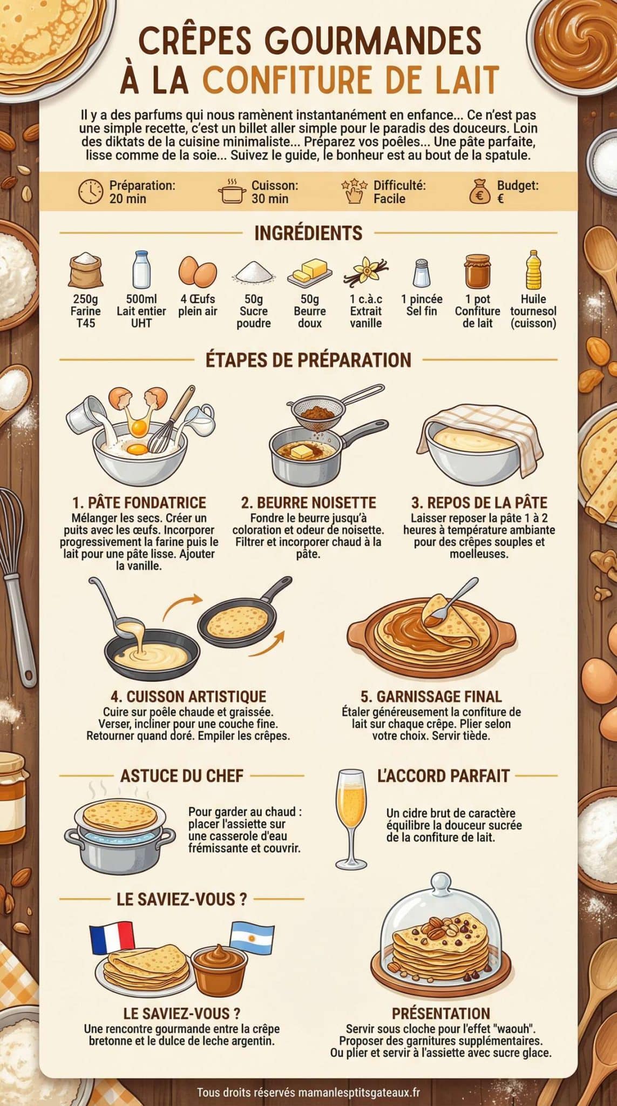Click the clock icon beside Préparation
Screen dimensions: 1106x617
tap(91, 192)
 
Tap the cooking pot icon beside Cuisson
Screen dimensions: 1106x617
tap(232, 192)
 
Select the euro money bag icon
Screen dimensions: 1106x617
tap(479, 192)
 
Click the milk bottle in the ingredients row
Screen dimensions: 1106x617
tap(141, 269)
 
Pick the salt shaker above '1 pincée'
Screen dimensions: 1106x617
tap(421, 272)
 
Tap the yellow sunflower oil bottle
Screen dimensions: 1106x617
tap(533, 269)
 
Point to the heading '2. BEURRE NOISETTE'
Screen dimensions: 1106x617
tap(308, 503)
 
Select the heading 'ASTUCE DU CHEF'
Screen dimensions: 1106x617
tap(181, 776)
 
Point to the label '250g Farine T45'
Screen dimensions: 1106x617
tap(86, 311)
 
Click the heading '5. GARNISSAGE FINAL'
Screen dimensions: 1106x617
tap(431, 696)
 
